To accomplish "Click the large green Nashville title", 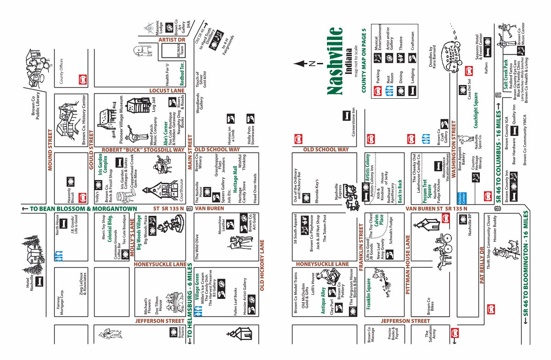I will click(x=336, y=61).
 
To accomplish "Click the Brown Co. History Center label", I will click(x=84, y=119).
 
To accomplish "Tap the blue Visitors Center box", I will click(x=463, y=198).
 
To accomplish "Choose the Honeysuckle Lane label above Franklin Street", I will click(x=322, y=264).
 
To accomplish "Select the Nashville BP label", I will click(x=470, y=225).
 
